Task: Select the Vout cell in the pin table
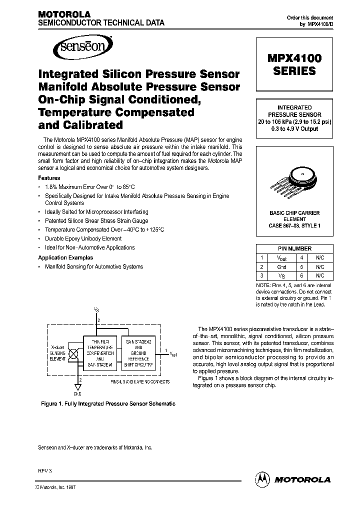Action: click(281, 257)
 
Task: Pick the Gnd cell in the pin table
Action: click(281, 266)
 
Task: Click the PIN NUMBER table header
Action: click(294, 248)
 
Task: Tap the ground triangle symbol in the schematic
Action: click(77, 386)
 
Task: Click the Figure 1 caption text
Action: click(107, 403)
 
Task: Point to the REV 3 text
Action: click(45, 471)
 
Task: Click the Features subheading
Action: click(49, 178)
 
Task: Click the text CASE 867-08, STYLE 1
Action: click(294, 225)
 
